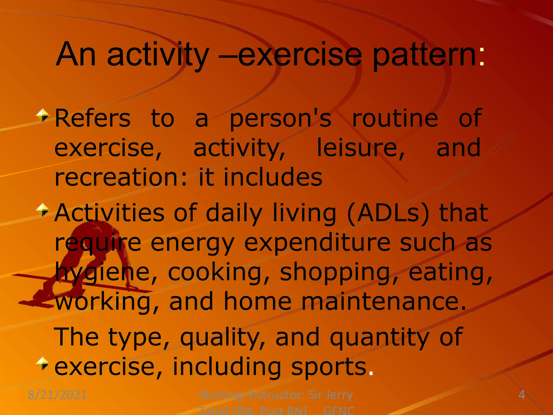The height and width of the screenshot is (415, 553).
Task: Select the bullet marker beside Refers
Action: coord(43,116)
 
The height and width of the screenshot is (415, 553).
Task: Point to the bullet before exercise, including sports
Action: coord(43,363)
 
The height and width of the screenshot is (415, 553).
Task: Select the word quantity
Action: coord(379,338)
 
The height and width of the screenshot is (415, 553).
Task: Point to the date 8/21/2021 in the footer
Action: coord(57,395)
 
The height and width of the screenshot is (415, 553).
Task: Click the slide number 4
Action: coord(521,395)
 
